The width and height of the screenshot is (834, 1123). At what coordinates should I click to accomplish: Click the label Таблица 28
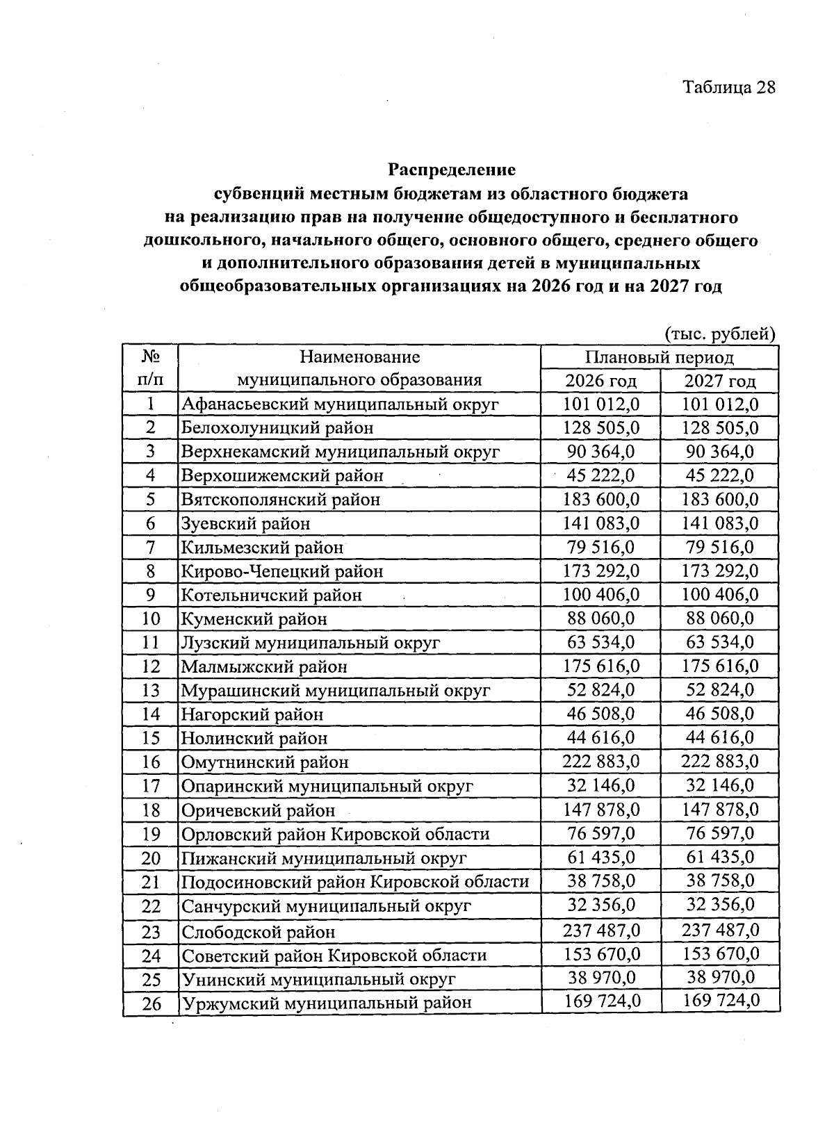[x=728, y=87]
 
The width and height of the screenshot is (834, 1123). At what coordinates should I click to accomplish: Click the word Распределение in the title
[x=452, y=170]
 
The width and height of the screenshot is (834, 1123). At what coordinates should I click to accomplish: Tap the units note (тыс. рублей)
[x=719, y=334]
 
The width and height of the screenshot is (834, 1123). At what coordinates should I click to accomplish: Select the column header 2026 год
[x=600, y=381]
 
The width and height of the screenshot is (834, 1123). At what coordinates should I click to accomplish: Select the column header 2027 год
[x=720, y=381]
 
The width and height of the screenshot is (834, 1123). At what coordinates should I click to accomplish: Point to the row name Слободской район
[x=259, y=931]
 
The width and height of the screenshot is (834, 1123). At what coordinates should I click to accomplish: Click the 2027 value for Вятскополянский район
[x=720, y=499]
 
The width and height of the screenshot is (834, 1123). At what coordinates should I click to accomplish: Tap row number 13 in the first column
[x=151, y=690]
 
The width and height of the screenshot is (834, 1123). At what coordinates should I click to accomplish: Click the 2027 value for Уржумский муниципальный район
[x=720, y=1001]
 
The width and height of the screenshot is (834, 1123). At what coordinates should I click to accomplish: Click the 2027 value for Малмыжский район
[x=720, y=666]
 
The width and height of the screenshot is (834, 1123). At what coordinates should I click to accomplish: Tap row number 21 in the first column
[x=151, y=882]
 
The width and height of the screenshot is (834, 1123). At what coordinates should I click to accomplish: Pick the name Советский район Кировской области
[x=334, y=956]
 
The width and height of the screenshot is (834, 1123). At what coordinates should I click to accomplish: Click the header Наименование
[x=359, y=357]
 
